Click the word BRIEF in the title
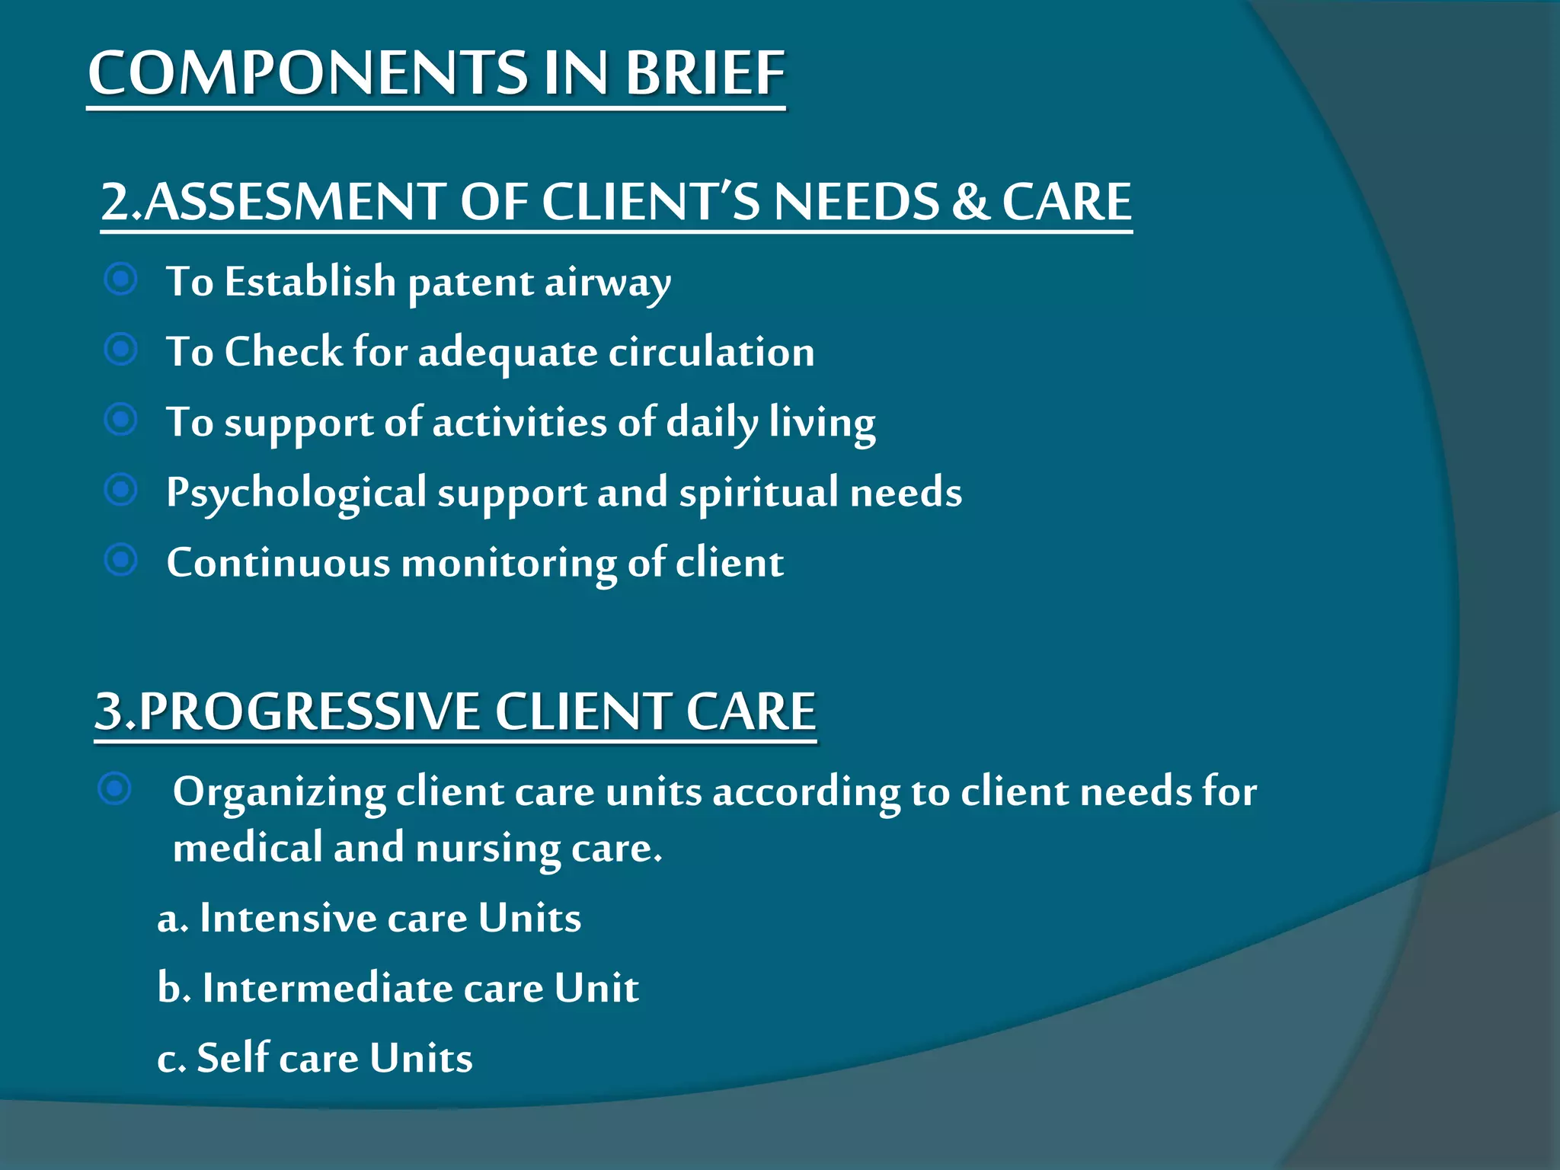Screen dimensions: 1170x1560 click(705, 73)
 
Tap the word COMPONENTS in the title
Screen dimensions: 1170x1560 click(308, 73)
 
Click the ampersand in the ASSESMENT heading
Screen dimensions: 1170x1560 click(970, 202)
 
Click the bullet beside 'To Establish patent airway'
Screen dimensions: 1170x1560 click(121, 280)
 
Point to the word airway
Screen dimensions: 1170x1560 click(607, 283)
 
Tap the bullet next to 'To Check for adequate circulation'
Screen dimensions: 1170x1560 click(121, 350)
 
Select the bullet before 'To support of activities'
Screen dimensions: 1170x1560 click(121, 420)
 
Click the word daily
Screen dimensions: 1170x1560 click(712, 423)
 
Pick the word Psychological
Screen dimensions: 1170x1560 click(296, 493)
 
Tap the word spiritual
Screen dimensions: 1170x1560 click(759, 493)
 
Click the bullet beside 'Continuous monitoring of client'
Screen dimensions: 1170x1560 click(121, 560)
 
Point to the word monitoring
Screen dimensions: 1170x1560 click(509, 564)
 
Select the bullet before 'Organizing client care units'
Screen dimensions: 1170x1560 click(115, 788)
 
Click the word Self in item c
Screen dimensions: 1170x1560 click(233, 1058)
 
